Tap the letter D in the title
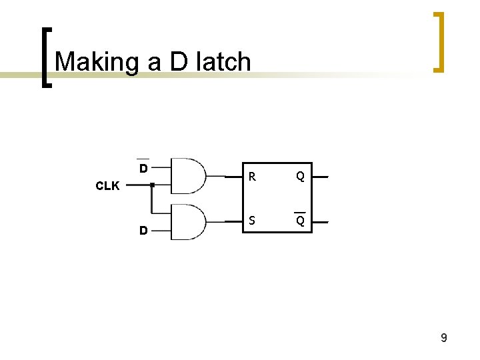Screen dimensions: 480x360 pos(178,62)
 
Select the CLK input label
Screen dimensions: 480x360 pos(107,186)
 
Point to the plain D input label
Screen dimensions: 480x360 pos(143,231)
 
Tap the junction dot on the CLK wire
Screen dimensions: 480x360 pos(153,185)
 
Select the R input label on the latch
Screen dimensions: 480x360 pos(252,177)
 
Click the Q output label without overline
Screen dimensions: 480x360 pos(301,177)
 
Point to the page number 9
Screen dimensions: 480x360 pos(443,338)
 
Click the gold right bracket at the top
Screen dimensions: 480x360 pos(438,41)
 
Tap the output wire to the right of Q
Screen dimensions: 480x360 pos(321,177)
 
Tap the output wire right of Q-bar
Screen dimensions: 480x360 pos(321,221)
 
